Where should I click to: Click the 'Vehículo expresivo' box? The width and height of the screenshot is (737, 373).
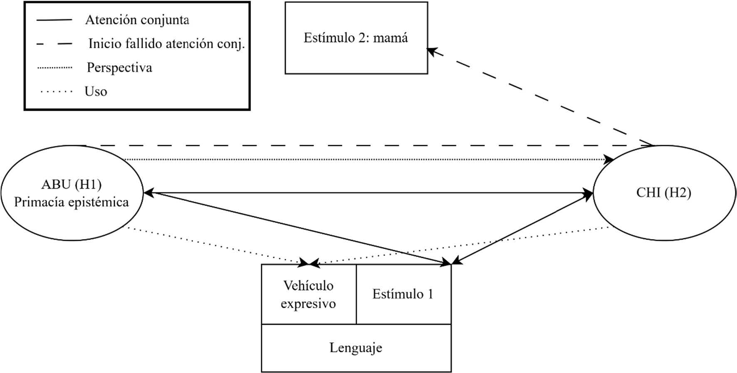(x=308, y=294)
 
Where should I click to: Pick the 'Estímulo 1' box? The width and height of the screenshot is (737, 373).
(x=403, y=294)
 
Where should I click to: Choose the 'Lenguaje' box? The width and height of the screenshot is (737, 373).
(x=356, y=348)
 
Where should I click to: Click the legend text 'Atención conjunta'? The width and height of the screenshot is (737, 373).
(x=137, y=20)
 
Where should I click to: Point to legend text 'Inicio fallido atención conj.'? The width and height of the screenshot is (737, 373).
(x=166, y=44)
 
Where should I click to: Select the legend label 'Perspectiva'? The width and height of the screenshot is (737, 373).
(x=119, y=67)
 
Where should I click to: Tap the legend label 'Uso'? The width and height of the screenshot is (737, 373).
(x=96, y=91)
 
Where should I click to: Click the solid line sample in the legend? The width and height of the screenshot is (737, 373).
(x=54, y=20)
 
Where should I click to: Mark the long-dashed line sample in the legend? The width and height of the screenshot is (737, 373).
(x=54, y=44)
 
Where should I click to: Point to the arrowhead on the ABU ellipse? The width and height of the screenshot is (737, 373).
(x=148, y=193)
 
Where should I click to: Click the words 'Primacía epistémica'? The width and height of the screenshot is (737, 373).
(x=72, y=203)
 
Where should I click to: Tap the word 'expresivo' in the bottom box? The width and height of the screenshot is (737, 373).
(x=308, y=304)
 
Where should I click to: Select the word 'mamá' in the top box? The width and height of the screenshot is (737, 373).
(x=391, y=38)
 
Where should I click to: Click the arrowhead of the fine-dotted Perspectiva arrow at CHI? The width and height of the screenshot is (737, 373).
(x=609, y=160)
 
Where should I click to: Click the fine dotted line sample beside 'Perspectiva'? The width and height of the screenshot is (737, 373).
(x=54, y=67)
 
